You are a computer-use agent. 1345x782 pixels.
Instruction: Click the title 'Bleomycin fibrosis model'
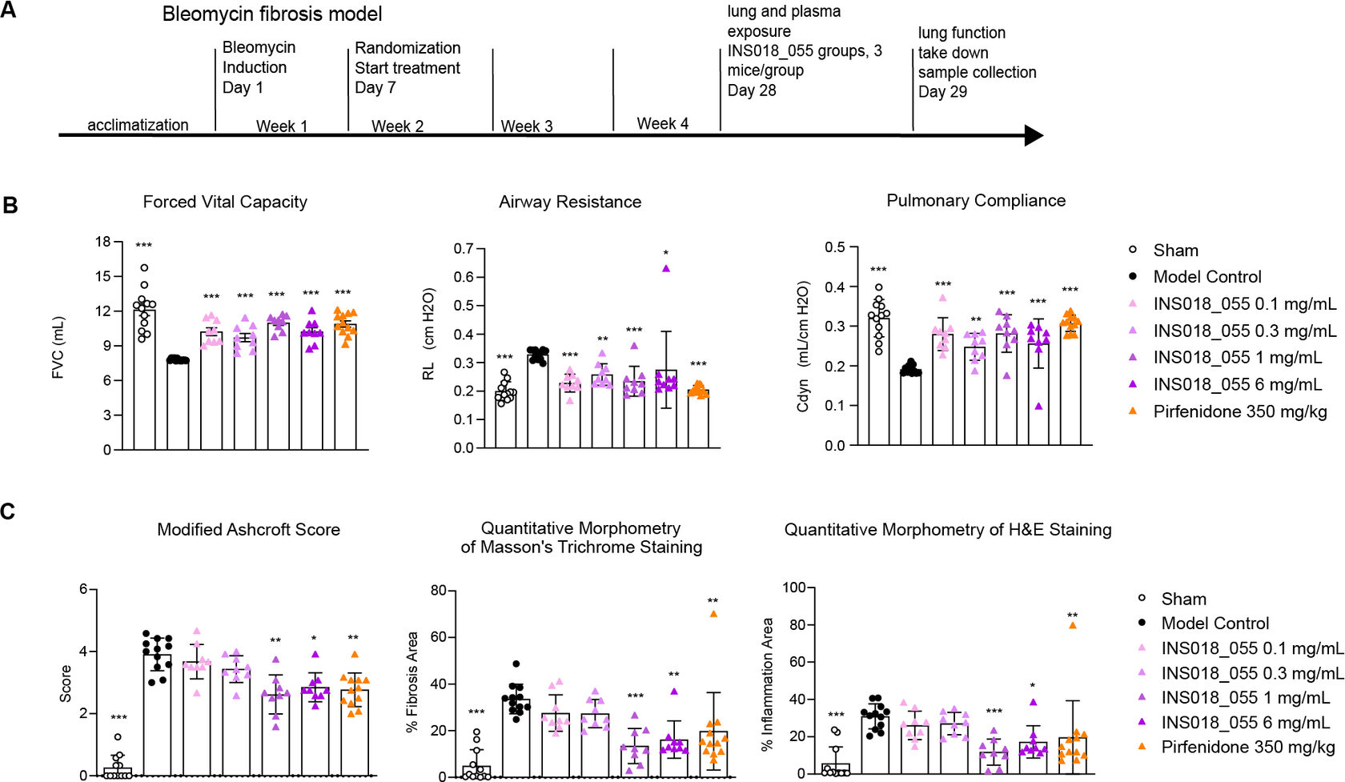pyautogui.click(x=272, y=14)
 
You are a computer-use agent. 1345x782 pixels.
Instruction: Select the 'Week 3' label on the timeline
pyautogui.click(x=527, y=126)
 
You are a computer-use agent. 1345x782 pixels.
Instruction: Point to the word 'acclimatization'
pyautogui.click(x=138, y=125)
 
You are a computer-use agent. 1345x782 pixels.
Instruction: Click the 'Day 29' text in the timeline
pyautogui.click(x=942, y=91)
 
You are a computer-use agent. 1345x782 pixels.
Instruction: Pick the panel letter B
pyautogui.click(x=10, y=205)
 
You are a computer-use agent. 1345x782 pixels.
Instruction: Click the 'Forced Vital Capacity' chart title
pyautogui.click(x=225, y=202)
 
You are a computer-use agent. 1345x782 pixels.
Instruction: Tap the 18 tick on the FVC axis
pyautogui.click(x=102, y=241)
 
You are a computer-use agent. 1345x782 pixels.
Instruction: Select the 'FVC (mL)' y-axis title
pyautogui.click(x=58, y=347)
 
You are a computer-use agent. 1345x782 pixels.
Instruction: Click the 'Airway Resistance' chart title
pyautogui.click(x=570, y=202)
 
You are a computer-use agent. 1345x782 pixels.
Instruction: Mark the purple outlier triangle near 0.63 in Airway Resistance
pyautogui.click(x=666, y=269)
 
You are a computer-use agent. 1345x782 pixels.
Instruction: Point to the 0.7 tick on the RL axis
pyautogui.click(x=464, y=248)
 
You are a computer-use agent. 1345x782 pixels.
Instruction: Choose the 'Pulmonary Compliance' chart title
pyautogui.click(x=976, y=200)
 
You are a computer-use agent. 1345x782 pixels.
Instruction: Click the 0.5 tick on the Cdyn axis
pyautogui.click(x=835, y=247)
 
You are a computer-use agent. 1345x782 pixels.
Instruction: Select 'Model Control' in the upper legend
pyautogui.click(x=1206, y=277)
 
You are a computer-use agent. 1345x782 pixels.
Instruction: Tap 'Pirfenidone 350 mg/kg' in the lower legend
pyautogui.click(x=1248, y=747)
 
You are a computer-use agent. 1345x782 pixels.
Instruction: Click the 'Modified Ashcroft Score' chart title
pyautogui.click(x=248, y=529)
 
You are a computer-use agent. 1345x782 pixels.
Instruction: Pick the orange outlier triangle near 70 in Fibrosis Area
pyautogui.click(x=713, y=614)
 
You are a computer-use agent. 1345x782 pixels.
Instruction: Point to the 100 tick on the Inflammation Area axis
pyautogui.click(x=793, y=588)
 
